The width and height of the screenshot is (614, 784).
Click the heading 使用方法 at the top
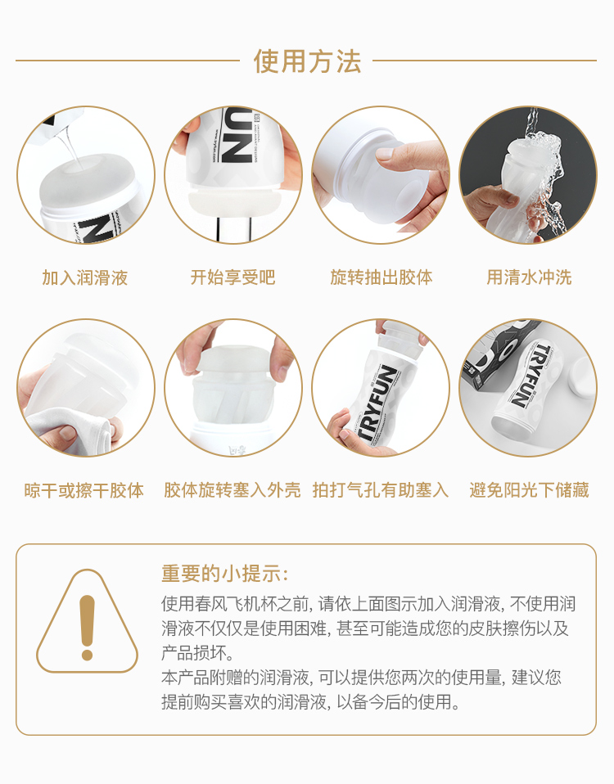pyautogui.click(x=307, y=61)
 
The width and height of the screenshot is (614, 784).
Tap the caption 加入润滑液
pyautogui.click(x=85, y=277)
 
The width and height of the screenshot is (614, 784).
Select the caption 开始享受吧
pyautogui.click(x=233, y=277)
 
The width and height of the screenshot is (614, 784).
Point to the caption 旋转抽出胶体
pyautogui.click(x=381, y=277)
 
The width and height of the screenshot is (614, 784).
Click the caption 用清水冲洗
pyautogui.click(x=529, y=277)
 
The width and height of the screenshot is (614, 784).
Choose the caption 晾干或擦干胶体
pyautogui.click(x=84, y=490)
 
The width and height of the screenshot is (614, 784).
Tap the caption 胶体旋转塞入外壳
pyautogui.click(x=233, y=490)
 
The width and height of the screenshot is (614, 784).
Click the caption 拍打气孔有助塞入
pyautogui.click(x=381, y=490)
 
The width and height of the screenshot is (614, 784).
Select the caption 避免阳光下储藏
pyautogui.click(x=529, y=490)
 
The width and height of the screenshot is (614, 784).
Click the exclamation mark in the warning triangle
pyautogui.click(x=87, y=628)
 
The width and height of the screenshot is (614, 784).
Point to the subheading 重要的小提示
pyautogui.click(x=224, y=574)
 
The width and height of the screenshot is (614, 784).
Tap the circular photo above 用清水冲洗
pyautogui.click(x=528, y=175)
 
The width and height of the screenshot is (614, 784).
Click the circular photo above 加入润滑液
pyautogui.click(x=86, y=175)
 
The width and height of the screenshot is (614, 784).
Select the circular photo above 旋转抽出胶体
pyautogui.click(x=381, y=175)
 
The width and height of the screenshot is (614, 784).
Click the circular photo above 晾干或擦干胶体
pyautogui.click(x=86, y=388)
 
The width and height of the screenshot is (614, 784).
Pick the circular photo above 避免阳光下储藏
pyautogui.click(x=528, y=388)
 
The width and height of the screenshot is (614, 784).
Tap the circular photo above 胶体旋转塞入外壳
pyautogui.click(x=233, y=388)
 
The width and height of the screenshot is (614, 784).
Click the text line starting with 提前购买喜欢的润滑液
pyautogui.click(x=310, y=702)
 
